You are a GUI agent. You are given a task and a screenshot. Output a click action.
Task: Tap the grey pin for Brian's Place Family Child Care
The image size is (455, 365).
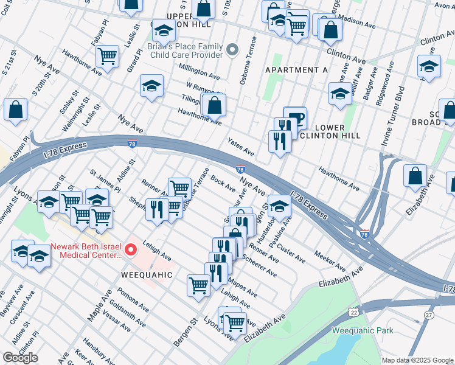point(232,49)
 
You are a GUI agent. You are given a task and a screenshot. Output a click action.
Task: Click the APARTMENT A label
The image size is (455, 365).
point(296,70)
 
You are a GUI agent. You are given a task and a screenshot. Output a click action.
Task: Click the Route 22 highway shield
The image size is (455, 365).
point(353,311)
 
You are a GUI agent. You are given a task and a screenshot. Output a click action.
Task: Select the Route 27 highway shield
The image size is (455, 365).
point(429,315)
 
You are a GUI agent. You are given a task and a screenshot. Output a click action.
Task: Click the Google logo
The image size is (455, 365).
point(20,357)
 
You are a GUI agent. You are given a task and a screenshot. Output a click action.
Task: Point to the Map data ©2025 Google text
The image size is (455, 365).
point(417,360)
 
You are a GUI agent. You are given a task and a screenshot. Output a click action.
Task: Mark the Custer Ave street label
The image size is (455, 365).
point(293,250)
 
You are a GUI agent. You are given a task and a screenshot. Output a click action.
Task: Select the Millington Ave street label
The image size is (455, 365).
point(203,74)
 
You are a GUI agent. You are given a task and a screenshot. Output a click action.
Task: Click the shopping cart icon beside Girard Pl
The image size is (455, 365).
point(107,56)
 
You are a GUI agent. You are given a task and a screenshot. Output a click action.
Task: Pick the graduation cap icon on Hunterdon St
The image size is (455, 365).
point(279,206)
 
